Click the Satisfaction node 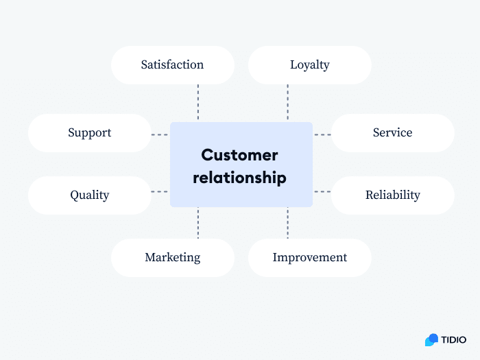172,65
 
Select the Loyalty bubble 309,65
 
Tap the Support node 89,133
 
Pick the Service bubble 392,133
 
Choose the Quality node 89,195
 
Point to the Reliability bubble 392,195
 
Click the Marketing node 172,258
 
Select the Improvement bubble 309,258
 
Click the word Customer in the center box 239,155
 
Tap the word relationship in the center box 239,178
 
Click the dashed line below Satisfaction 198,103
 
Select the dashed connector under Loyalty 287,103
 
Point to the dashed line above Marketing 198,223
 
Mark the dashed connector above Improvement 287,223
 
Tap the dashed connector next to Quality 160,192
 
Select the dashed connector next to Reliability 322,192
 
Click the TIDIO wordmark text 454,339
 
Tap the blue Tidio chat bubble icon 431,339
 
